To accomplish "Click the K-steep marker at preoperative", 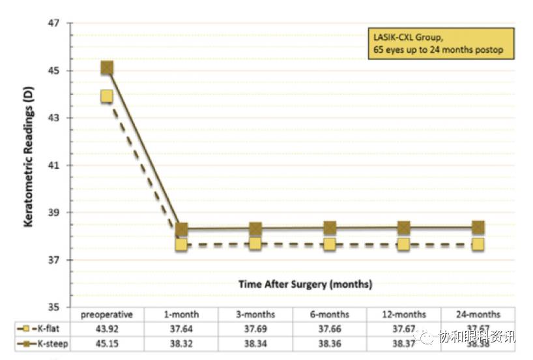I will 107,68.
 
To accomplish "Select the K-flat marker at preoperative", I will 107,96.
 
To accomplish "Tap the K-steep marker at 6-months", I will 330,228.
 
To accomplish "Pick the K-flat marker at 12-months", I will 404,244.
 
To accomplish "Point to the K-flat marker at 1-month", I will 181,245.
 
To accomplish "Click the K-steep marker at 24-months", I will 478,227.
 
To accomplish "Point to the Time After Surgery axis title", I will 305,284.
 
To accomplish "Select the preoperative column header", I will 107,314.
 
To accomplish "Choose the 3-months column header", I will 255,314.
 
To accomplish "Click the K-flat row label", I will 46,328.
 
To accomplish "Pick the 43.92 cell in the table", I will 107,328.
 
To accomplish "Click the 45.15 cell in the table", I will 107,342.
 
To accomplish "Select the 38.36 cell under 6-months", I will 330,342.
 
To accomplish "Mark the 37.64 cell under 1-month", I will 181,328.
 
